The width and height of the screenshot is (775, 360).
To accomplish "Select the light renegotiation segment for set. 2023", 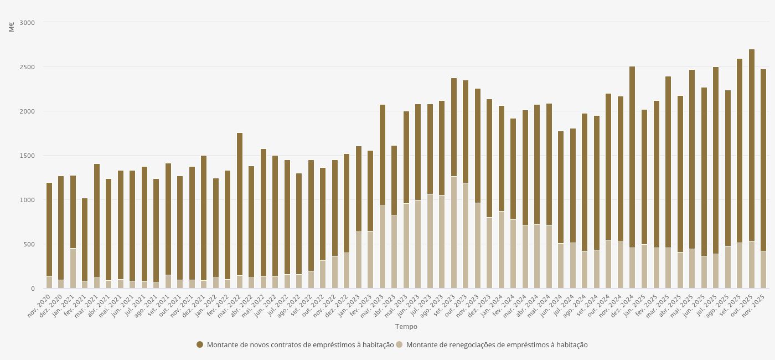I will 454,232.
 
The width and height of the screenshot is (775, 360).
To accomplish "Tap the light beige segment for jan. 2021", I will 73,268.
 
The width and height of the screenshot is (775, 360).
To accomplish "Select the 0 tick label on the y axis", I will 33,289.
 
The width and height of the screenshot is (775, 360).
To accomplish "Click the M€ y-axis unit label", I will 12,26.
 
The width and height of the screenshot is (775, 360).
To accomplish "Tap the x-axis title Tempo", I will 406,327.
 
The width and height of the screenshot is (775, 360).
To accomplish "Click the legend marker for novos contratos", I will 200,344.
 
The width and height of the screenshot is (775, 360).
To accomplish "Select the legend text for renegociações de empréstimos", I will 497,344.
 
